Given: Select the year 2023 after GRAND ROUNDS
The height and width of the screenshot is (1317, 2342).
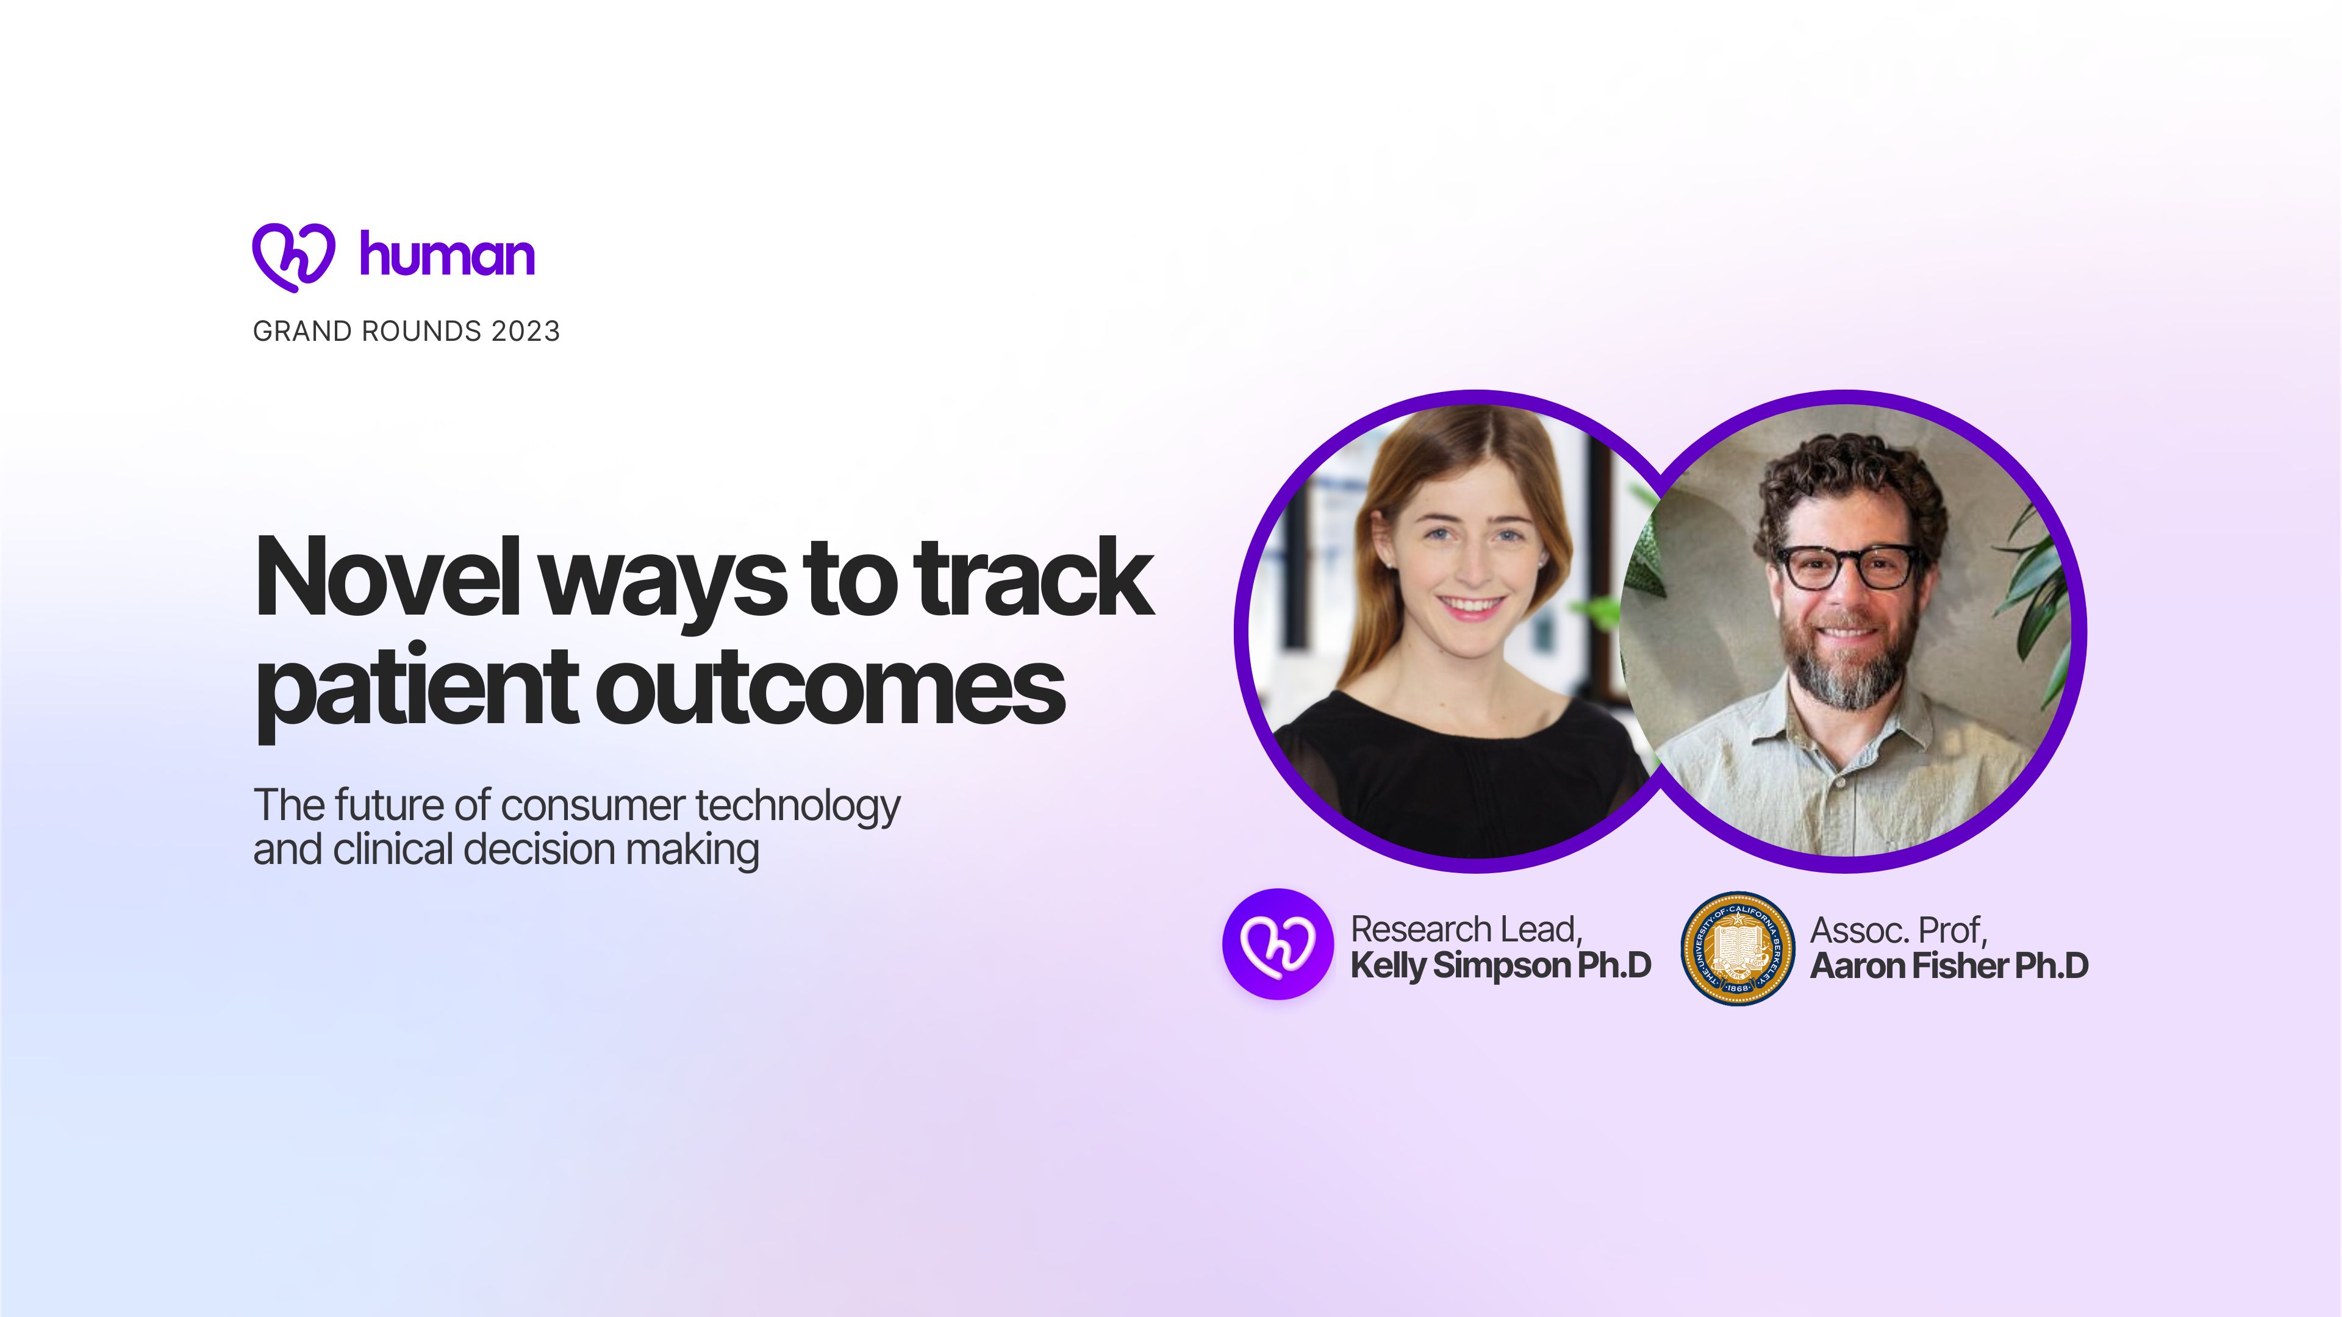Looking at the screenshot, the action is coord(526,331).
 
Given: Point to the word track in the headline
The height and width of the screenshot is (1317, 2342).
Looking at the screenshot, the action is coord(1034,577).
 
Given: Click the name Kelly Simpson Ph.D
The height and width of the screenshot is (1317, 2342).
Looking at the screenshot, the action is coord(1501,965).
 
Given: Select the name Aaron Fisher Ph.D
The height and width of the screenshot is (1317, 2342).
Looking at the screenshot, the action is coord(1949,965).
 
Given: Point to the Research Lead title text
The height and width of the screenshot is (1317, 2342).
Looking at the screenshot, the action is coord(1466,929).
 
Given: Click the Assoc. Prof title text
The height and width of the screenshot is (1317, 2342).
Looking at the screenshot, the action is coord(1899,930).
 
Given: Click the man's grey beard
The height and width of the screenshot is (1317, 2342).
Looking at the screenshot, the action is coord(1846,663).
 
